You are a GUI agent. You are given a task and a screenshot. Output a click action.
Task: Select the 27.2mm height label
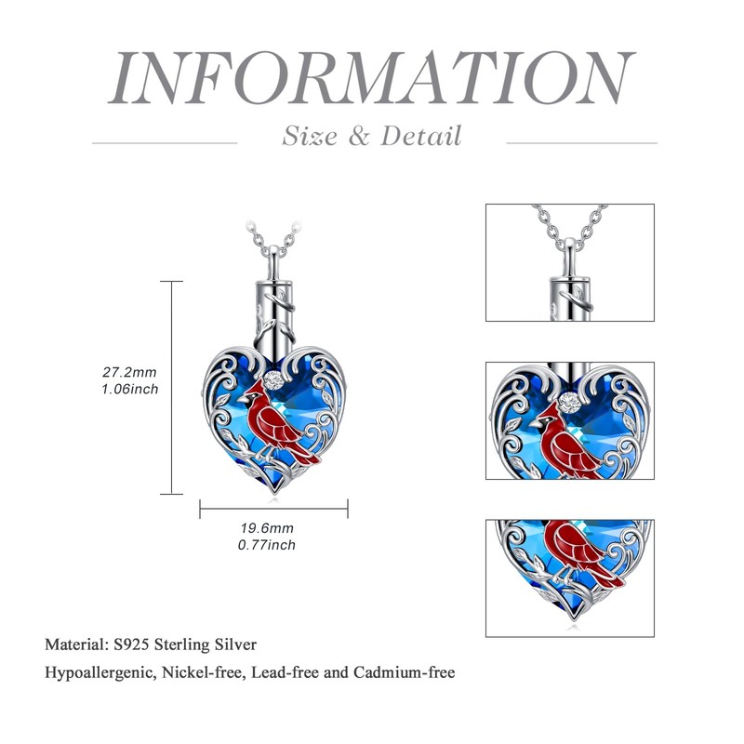[x=130, y=372]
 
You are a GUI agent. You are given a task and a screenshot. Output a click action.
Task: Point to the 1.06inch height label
[x=130, y=389]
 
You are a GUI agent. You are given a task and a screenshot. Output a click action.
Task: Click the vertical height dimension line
[x=171, y=386]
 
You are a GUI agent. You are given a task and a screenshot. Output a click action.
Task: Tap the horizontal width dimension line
[x=273, y=508]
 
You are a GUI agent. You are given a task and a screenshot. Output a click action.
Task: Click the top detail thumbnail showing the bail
[x=569, y=262]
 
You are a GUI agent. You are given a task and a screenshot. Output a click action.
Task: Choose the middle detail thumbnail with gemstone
[x=569, y=420]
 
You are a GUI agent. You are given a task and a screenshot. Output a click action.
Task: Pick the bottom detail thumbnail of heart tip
[x=569, y=577]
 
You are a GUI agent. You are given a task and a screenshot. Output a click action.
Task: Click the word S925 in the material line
[x=128, y=644]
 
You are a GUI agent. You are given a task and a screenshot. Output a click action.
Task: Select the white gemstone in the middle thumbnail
[x=569, y=401]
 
